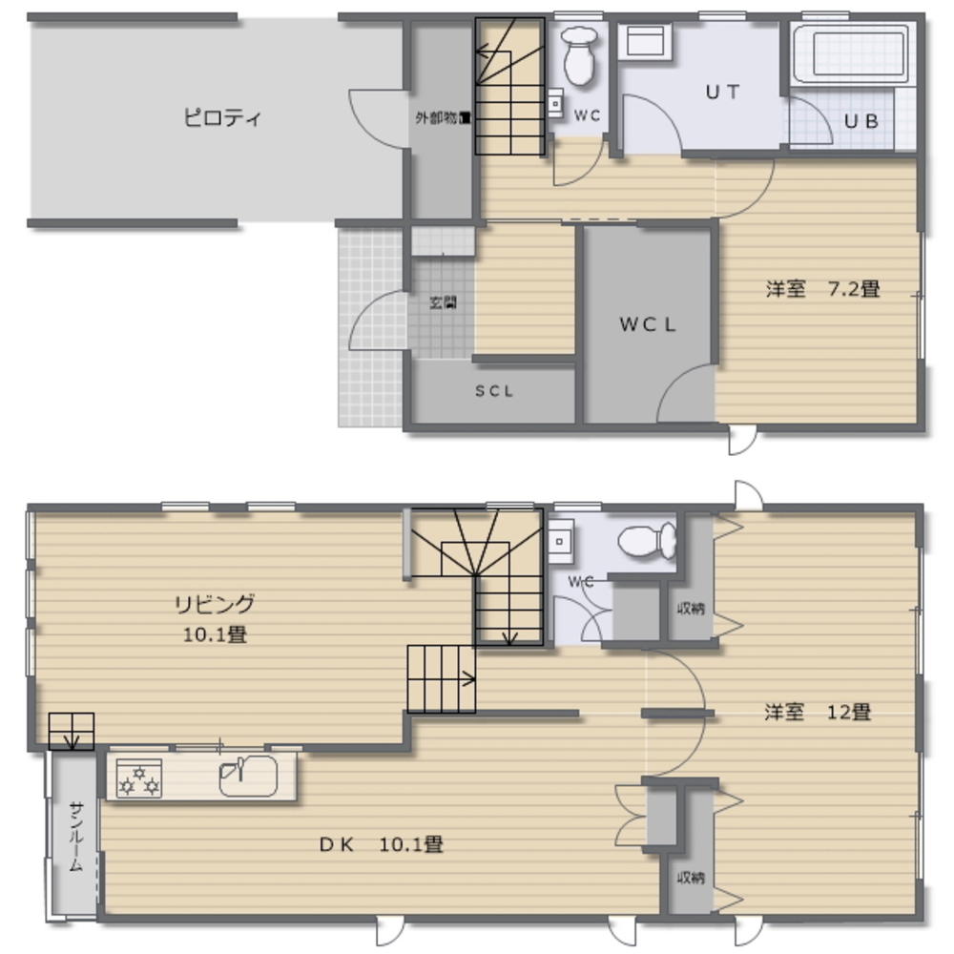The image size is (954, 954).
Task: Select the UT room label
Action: click(722, 93)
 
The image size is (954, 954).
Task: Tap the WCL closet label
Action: click(648, 324)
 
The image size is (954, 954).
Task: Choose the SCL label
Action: click(494, 391)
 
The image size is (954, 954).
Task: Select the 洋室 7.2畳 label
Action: click(820, 289)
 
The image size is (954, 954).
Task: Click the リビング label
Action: click(215, 604)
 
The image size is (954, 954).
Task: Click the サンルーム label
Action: click(75, 837)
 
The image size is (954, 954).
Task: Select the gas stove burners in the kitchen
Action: click(138, 778)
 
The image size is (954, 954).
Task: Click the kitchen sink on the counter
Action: click(247, 777)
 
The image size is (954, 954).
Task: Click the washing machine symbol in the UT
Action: click(645, 43)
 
